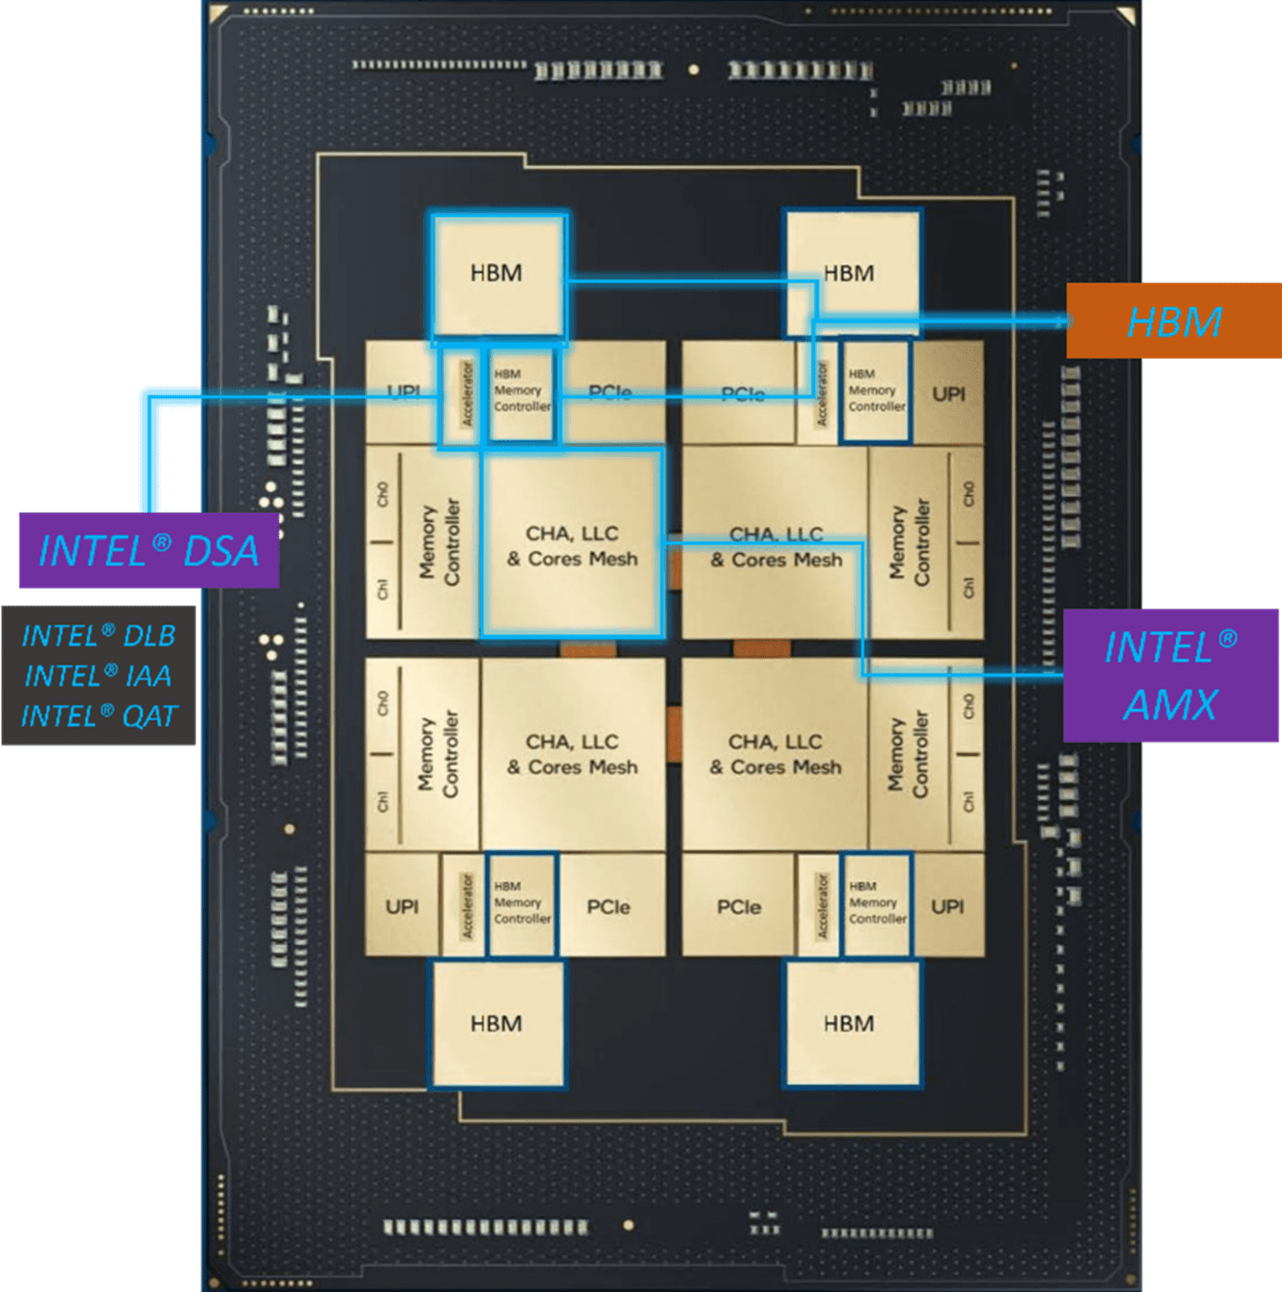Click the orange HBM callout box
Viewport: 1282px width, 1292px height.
click(x=1173, y=321)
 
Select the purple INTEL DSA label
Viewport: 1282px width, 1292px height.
click(x=149, y=550)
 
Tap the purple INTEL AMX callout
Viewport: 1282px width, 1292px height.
click(x=1170, y=676)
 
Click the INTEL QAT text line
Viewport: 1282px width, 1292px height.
click(x=98, y=717)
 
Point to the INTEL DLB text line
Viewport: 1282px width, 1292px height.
click(x=98, y=635)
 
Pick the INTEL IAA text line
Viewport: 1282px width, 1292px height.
click(x=98, y=676)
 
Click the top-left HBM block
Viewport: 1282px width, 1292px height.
click(x=497, y=275)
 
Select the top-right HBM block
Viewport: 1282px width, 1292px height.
click(x=850, y=273)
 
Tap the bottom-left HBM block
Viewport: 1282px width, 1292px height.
click(x=497, y=1024)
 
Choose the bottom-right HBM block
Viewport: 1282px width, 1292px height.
click(x=850, y=1024)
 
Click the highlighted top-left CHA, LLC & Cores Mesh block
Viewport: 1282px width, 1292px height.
click(x=573, y=546)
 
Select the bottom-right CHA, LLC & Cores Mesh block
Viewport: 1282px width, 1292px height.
click(x=775, y=754)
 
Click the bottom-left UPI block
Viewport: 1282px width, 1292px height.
click(x=402, y=906)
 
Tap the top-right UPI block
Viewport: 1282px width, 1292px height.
click(x=948, y=394)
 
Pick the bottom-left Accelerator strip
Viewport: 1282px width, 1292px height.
click(x=465, y=905)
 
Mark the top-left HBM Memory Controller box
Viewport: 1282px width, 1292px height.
click(x=522, y=391)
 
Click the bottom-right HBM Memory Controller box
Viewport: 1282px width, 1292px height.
click(x=876, y=904)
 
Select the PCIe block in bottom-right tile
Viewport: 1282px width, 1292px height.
click(x=738, y=906)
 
